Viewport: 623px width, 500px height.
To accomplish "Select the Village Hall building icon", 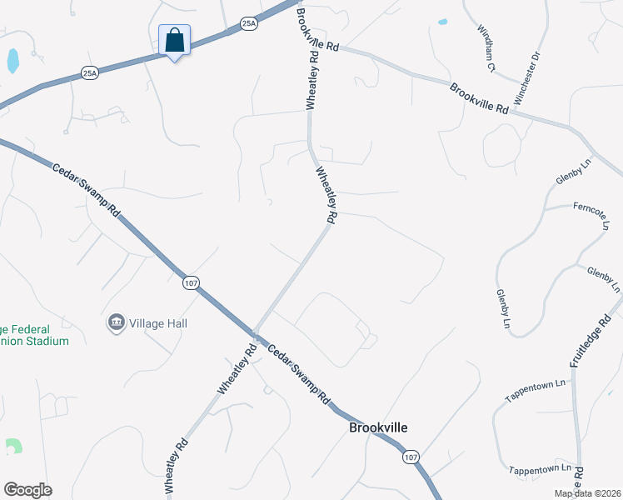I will [117, 322].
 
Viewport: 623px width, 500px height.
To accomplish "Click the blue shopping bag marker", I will [175, 40].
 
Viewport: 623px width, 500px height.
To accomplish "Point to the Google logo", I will [27, 490].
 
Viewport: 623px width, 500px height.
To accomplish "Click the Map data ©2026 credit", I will [588, 493].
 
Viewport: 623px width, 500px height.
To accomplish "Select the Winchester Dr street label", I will [527, 79].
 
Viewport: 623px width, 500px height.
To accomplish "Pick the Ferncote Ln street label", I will [592, 212].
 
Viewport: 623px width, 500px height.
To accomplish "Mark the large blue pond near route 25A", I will [12, 60].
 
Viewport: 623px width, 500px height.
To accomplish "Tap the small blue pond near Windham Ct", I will [442, 22].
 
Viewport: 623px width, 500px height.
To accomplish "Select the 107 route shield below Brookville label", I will [410, 457].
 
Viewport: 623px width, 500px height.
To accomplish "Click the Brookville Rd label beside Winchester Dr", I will [479, 97].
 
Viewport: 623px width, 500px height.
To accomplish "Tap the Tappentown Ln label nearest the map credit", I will [541, 469].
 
